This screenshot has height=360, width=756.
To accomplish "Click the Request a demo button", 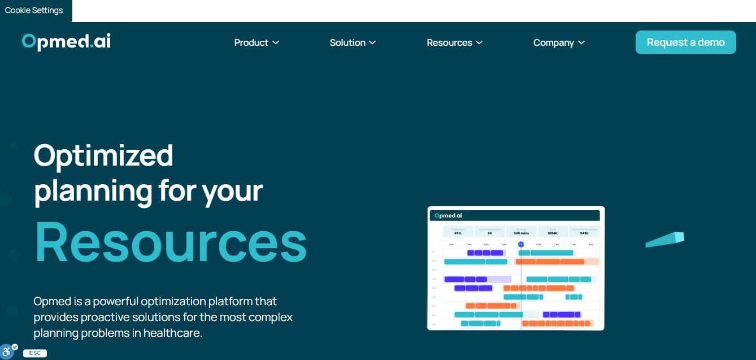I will point(685,42).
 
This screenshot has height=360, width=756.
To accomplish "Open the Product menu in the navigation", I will point(257,42).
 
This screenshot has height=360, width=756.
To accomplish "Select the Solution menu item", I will point(353,42).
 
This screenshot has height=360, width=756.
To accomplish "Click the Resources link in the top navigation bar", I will point(454,42).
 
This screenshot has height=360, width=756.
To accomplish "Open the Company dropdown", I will point(558,42).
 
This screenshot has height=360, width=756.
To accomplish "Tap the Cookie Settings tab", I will point(34,10).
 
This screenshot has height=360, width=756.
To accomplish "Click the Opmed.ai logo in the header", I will point(66,42).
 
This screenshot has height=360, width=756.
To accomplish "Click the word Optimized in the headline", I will point(103,155).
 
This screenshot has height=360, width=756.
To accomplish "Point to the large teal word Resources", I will point(171,241).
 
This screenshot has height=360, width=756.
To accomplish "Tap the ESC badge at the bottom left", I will point(34,353).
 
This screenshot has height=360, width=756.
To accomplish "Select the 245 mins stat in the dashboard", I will point(521,233).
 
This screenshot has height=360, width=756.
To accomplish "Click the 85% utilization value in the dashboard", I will point(458,233).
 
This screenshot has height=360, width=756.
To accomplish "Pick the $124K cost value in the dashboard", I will point(553,233).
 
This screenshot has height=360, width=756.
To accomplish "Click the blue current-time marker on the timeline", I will point(521,244).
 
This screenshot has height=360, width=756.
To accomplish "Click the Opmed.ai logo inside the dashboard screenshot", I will point(449,215).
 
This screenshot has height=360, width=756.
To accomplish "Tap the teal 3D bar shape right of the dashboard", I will point(665,239).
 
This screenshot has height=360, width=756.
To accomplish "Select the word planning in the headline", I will point(93,191).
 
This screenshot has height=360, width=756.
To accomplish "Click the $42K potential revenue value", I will point(584,233).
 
